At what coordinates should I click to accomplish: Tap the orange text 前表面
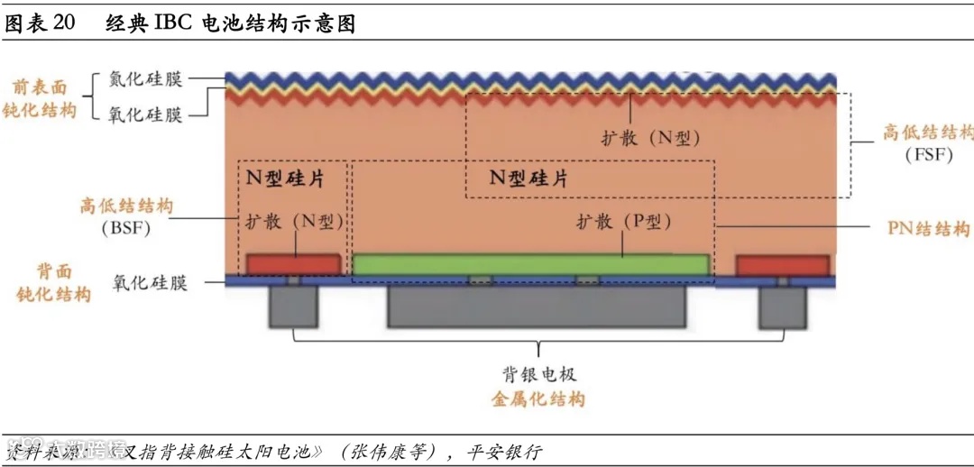(x=40, y=87)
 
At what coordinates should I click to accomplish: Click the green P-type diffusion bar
(x=530, y=264)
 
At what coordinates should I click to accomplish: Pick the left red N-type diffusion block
(x=293, y=264)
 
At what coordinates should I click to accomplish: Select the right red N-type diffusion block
(x=782, y=265)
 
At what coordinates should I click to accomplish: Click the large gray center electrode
(x=538, y=307)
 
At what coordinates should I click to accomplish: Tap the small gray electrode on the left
(x=293, y=307)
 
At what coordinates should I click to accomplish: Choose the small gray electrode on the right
(x=781, y=307)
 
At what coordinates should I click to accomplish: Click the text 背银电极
(x=539, y=374)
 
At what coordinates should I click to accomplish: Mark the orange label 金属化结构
(x=538, y=398)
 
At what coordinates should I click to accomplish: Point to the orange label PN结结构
(x=929, y=228)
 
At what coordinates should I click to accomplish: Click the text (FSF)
(x=929, y=154)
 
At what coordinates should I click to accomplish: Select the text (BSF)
(x=125, y=227)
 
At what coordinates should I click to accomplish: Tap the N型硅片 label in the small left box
(x=286, y=179)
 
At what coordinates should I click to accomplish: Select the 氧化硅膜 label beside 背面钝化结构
(x=151, y=282)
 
